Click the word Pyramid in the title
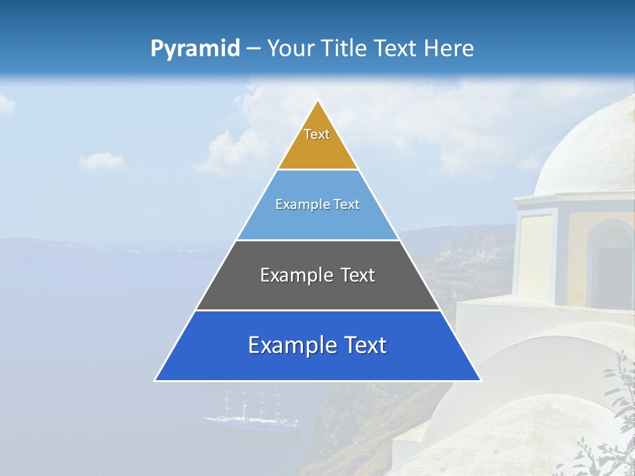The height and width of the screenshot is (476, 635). (195, 49)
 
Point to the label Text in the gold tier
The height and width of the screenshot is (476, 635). (317, 134)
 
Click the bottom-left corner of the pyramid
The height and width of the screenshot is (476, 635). (155, 380)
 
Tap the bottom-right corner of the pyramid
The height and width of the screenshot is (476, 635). (480, 380)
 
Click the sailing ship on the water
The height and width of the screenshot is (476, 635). (248, 413)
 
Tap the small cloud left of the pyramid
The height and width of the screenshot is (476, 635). (103, 161)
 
